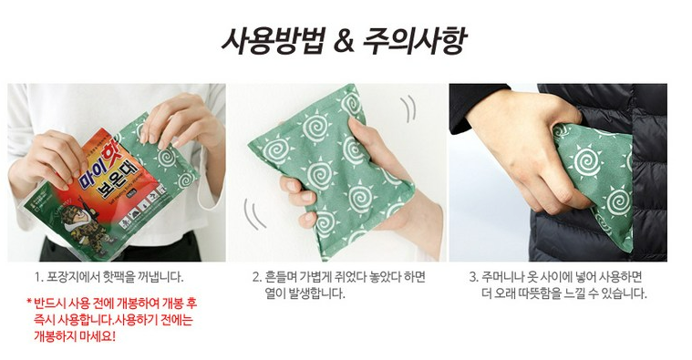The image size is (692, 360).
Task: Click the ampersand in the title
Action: point(345,41)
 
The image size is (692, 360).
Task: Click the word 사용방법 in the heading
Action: point(273,41)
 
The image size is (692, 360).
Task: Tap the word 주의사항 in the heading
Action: point(415,41)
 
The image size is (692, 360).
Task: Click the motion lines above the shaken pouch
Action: point(408,108)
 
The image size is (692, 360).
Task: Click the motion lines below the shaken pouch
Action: point(254,214)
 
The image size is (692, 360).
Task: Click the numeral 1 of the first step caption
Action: point(37,277)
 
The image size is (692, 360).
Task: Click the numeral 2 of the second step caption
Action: point(256,277)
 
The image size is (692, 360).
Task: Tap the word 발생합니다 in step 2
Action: point(316,293)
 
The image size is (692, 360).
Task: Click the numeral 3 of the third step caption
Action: point(473,277)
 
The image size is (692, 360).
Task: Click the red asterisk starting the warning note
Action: point(29,303)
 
